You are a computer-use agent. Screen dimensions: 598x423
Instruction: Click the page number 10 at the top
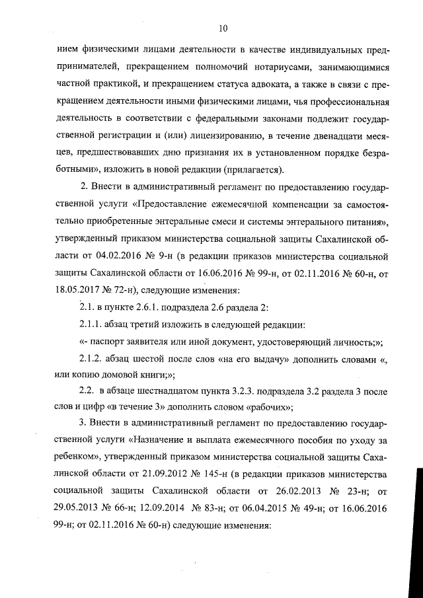pyautogui.click(x=222, y=28)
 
